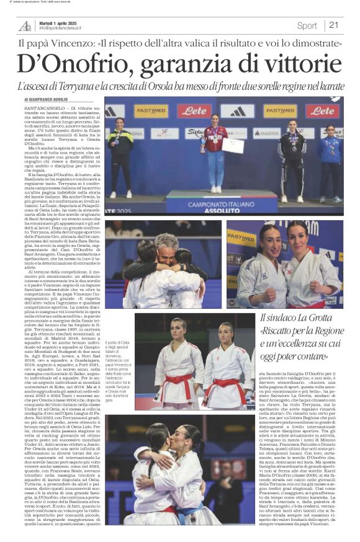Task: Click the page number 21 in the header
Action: pyautogui.click(x=334, y=25)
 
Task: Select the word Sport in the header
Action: pyautogui.click(x=307, y=25)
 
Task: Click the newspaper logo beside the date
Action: pyautogui.click(x=25, y=25)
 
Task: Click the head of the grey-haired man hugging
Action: pyautogui.click(x=166, y=243)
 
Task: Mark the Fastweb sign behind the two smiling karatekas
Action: pyautogui.click(x=241, y=238)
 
